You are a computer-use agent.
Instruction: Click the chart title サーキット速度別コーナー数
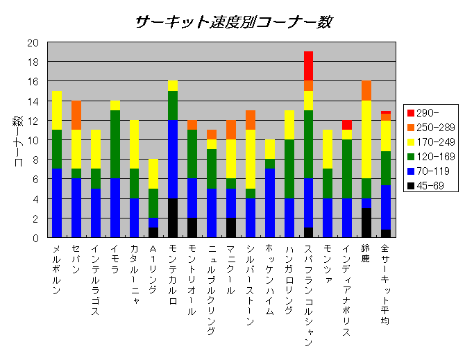tap(234, 22)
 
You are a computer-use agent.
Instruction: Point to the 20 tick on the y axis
tap(33, 42)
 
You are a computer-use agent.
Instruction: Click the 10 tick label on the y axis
tap(33, 140)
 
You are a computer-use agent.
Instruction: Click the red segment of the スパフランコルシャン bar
tap(308, 66)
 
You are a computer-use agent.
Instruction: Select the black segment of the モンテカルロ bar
tap(173, 218)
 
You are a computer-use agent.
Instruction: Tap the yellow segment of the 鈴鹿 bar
tap(366, 139)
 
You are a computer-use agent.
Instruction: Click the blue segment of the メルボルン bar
tap(57, 203)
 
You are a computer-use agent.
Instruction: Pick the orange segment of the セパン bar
tap(76, 115)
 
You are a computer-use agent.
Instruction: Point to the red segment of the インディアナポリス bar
tap(347, 125)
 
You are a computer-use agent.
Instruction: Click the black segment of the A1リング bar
tap(153, 232)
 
